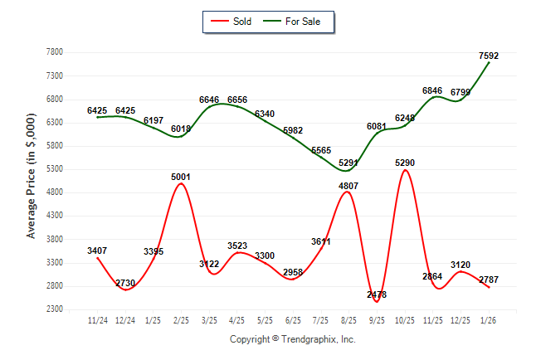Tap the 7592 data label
(x=489, y=56)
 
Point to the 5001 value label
(x=181, y=177)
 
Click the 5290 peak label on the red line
(x=404, y=163)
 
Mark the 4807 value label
(x=348, y=186)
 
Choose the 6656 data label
(x=237, y=100)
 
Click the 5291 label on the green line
(x=348, y=163)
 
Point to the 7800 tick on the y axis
(x=55, y=52)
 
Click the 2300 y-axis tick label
(x=55, y=309)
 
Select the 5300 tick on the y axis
(x=55, y=169)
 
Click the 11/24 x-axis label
(x=97, y=319)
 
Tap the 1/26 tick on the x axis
(x=489, y=319)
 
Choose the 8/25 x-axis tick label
(x=348, y=319)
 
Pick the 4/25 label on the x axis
(x=237, y=319)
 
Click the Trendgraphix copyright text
(x=292, y=339)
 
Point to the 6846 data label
(x=432, y=90)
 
